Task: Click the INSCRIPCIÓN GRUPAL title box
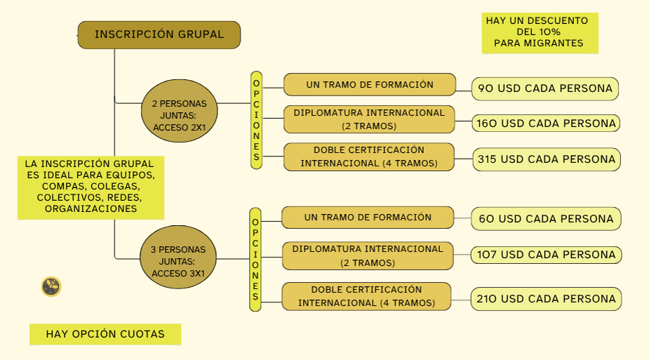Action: [x=159, y=35]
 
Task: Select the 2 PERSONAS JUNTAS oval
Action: [x=179, y=111]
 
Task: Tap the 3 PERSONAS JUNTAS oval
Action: [x=178, y=257]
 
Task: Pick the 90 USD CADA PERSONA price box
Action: [x=544, y=88]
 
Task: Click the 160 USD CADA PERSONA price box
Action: [x=546, y=124]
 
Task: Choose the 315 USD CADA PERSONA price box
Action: [x=547, y=159]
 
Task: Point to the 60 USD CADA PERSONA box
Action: [x=546, y=218]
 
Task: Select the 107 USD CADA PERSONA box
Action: [x=546, y=255]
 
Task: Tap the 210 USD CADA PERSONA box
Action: [x=546, y=299]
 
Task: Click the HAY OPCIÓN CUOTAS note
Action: [x=105, y=334]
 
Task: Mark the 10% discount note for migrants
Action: [x=540, y=33]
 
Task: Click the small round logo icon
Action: [x=51, y=286]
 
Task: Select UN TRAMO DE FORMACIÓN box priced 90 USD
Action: [x=370, y=84]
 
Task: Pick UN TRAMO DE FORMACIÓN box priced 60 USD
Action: [x=368, y=218]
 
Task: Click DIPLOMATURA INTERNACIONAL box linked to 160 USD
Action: [x=369, y=119]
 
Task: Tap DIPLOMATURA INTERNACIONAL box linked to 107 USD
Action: [x=368, y=255]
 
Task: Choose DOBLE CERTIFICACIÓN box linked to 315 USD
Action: [x=369, y=156]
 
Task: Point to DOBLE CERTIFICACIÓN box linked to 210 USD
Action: [x=366, y=296]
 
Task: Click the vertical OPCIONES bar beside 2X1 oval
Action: [x=257, y=120]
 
